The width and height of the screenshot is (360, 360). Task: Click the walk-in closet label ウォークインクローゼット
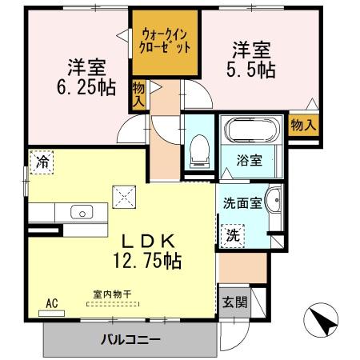coord(166,41)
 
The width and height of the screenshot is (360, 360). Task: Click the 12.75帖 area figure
coord(141,260)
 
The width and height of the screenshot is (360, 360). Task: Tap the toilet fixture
coord(196,146)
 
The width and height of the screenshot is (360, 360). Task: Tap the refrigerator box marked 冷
coord(42,162)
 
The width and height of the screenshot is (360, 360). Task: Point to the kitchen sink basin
coord(81,213)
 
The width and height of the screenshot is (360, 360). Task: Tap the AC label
coord(53,304)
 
